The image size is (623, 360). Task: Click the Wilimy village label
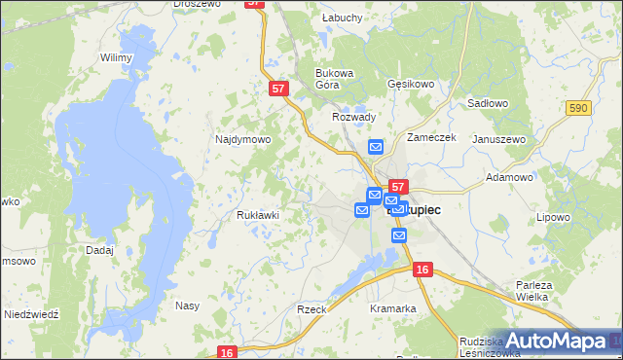tap(116, 58)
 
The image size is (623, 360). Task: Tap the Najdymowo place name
tap(242, 140)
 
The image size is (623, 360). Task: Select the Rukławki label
tap(258, 215)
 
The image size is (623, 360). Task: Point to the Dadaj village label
tap(99, 250)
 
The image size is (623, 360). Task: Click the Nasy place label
tap(187, 306)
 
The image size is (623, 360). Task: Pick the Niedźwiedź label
tap(32, 315)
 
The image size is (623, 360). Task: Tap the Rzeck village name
tap(311, 308)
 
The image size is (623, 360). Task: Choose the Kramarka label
tap(393, 308)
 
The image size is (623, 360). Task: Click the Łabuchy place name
tap(342, 18)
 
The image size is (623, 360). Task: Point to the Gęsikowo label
tap(410, 85)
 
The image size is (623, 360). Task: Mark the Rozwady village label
tap(353, 117)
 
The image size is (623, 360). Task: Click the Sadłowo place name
tap(488, 102)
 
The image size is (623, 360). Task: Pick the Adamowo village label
tap(509, 178)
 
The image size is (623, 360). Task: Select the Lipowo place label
tap(552, 217)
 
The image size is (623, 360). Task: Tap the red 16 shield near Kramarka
tap(421, 269)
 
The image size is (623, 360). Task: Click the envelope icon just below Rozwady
tap(377, 147)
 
